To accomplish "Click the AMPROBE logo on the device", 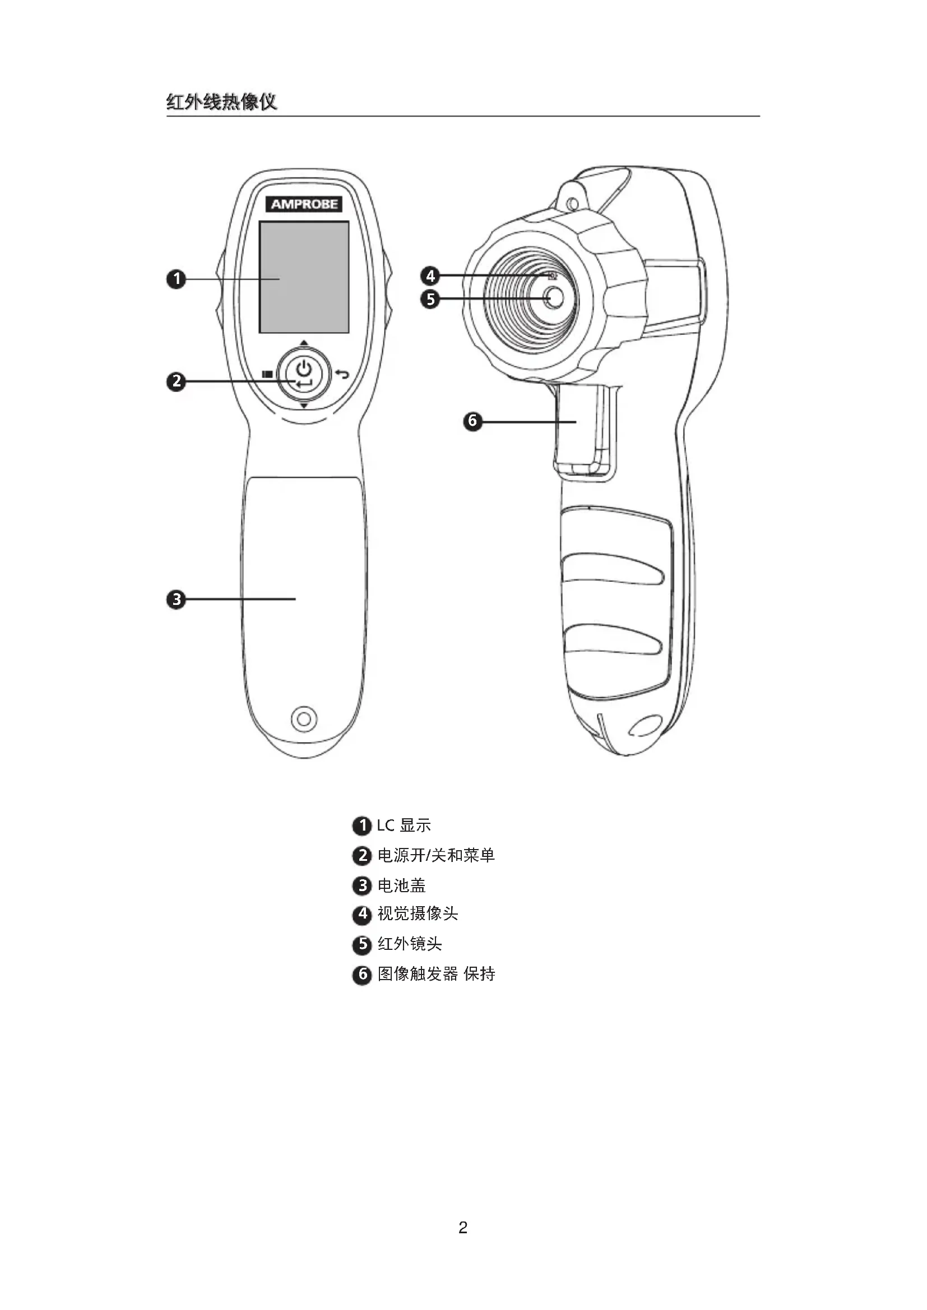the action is [304, 204].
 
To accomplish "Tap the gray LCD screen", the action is [304, 277].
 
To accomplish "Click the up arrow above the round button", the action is [304, 343].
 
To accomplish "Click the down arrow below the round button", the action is [304, 405].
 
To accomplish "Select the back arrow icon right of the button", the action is [341, 374].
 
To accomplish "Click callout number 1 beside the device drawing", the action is [177, 279].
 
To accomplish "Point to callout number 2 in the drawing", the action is [177, 381].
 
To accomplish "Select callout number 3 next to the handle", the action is [177, 600].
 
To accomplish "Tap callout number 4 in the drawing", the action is [430, 276].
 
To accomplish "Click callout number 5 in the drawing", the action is [430, 299].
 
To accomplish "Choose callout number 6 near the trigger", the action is [472, 421].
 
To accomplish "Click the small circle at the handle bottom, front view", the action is [304, 719].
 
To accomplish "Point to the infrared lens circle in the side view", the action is [553, 297].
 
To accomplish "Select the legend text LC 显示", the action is [404, 825].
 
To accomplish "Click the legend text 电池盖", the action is [401, 885].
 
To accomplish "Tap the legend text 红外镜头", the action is [409, 944].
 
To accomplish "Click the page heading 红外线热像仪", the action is [221, 102].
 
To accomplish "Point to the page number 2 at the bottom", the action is [463, 1228].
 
